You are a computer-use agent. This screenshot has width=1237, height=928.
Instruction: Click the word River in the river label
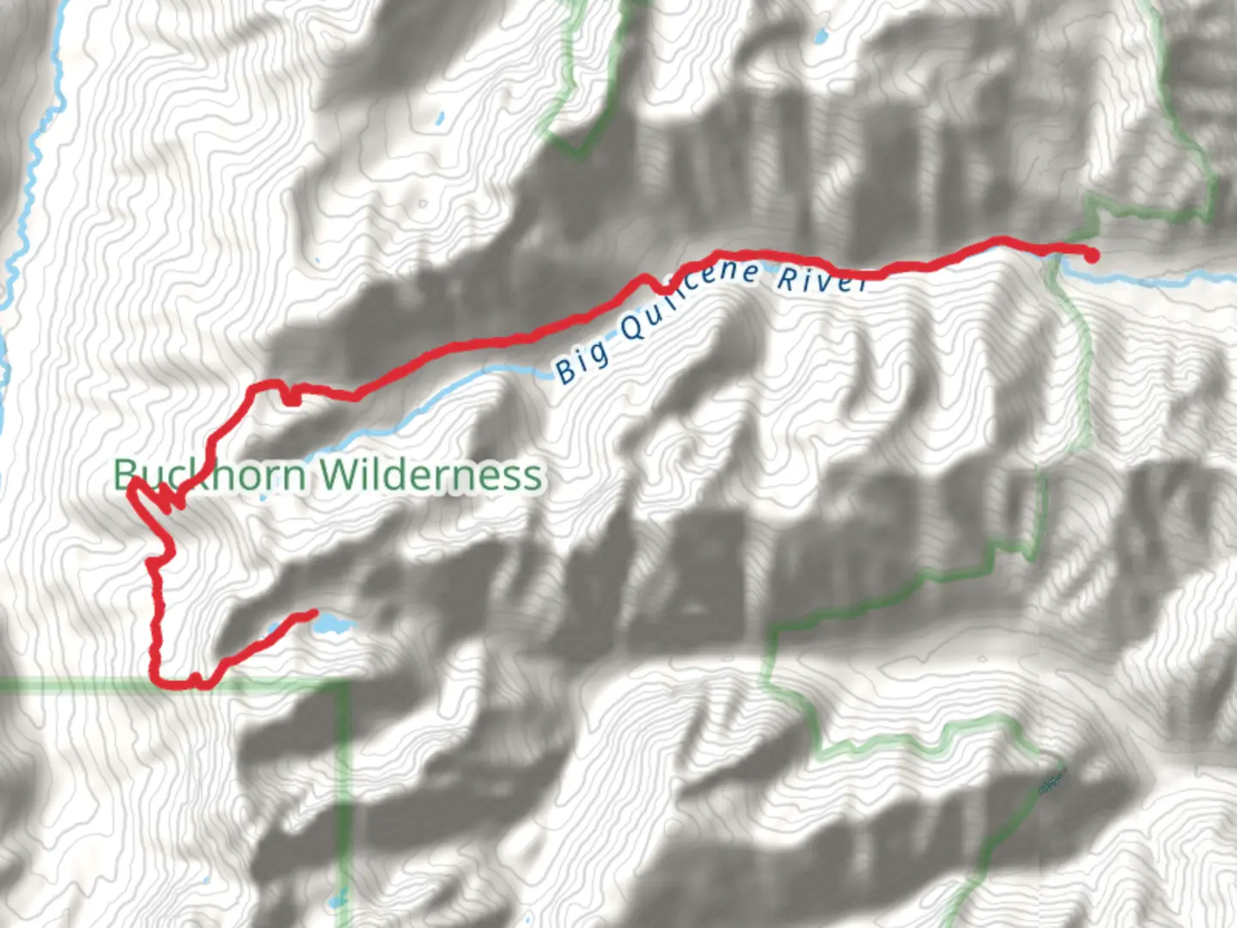(x=821, y=280)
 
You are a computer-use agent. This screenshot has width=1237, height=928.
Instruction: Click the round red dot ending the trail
(x=1092, y=255)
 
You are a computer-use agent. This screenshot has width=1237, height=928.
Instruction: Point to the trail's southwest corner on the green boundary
(x=157, y=681)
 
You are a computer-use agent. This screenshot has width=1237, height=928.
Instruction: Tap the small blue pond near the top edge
(x=822, y=37)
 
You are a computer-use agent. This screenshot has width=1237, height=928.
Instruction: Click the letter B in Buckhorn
(x=125, y=473)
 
